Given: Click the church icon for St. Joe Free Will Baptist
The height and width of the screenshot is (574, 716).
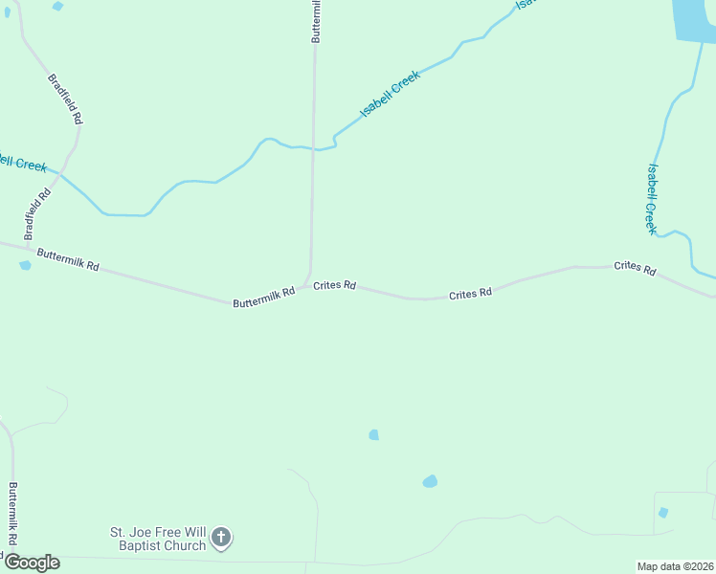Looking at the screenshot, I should pos(220,538).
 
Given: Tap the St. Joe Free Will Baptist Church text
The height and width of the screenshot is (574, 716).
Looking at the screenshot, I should pos(158,539).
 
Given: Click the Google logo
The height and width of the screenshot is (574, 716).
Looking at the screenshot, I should pos(32,563).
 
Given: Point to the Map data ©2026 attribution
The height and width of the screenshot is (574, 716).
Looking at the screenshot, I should pos(676,566).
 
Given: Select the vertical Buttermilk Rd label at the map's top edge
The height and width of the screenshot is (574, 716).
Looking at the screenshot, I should pos(315,21).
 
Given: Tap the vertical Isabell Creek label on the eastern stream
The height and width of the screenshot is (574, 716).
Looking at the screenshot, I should pos(651,199).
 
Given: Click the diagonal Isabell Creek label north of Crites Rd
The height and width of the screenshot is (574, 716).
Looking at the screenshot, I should pos(390,96).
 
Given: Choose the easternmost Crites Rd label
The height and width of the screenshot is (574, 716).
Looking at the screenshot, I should pos(635,269).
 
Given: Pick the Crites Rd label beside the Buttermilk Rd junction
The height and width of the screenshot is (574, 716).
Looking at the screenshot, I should pos(335,285).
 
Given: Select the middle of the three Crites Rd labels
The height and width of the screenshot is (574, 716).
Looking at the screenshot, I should pos(470,294).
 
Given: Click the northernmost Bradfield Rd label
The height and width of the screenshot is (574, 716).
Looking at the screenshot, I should pos(66,99).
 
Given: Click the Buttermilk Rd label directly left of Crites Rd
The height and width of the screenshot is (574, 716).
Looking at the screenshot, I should pos(263,298).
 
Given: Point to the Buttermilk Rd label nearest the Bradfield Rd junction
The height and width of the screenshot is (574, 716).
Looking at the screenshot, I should pos(68,259).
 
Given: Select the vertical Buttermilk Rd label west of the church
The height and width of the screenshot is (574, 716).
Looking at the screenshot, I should pos(13,513).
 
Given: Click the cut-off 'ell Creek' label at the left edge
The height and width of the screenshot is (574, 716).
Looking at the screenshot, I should pos(23,163).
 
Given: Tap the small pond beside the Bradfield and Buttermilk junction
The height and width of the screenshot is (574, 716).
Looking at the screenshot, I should pos(25,266).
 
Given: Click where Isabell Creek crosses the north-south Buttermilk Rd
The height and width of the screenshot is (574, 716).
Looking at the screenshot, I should pos(314,149).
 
